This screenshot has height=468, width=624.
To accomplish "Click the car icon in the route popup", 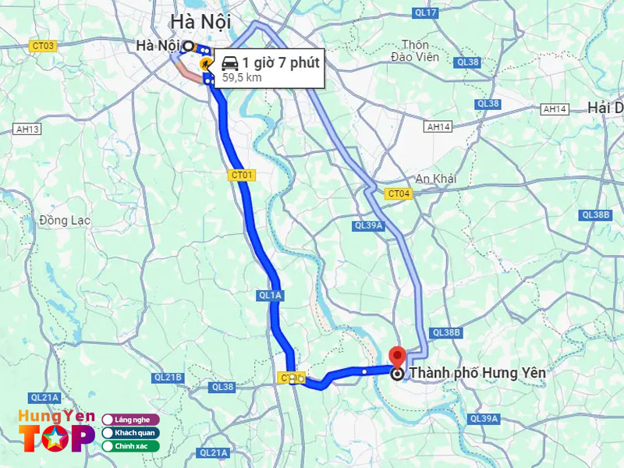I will coord(229,63).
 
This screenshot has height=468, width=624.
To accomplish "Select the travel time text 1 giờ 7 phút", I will coord(280,62).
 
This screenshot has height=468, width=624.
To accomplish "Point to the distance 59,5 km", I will coord(242,77).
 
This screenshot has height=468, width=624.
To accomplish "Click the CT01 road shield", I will coord(242,175).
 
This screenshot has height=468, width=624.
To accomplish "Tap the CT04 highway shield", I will coord(398,193).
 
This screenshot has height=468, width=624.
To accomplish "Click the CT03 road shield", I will coord(44,46).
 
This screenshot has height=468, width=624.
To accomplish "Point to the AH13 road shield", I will coord(27,129).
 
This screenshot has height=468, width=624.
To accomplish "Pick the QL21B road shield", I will coord(168,378).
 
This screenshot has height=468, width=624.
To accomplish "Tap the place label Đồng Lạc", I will coord(65,221).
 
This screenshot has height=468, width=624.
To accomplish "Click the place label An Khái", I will coord(435,179).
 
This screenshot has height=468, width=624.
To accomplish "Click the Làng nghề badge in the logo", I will coord(131,420).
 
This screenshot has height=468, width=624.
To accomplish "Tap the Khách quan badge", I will coord(130,433).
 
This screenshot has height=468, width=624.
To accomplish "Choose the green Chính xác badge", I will coord(130,446).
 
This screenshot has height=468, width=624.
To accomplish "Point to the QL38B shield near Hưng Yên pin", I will coord(446,332).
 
